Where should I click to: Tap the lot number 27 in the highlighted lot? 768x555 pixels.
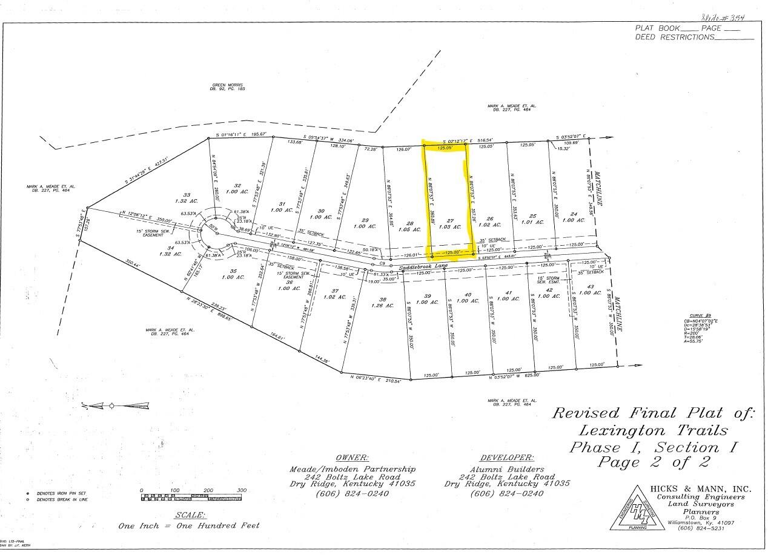pos(449,221)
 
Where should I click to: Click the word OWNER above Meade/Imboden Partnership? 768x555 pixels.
pos(352,458)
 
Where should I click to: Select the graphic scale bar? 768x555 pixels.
pos(191,498)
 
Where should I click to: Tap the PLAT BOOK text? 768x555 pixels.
pos(657,28)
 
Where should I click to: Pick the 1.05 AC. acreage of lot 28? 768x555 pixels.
pos(409,229)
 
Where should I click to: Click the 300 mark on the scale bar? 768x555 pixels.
pos(242,491)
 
